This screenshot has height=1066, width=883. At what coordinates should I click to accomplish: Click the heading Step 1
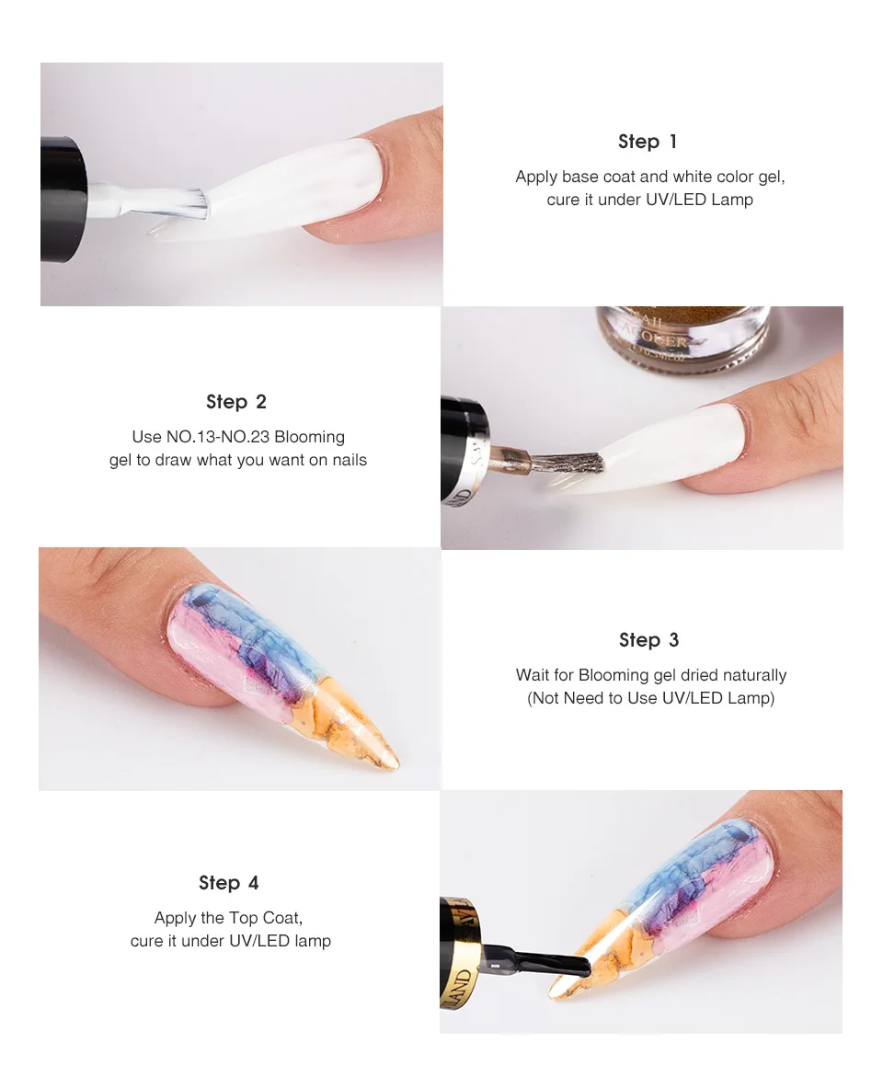point(648,142)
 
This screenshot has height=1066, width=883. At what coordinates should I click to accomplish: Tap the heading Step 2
point(236,402)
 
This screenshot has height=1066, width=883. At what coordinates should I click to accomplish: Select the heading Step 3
point(648,640)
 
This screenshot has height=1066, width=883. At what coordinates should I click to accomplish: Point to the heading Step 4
point(228,882)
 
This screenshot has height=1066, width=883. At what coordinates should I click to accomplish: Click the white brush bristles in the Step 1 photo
point(185,205)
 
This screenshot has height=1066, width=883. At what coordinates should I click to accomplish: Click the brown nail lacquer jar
point(682,337)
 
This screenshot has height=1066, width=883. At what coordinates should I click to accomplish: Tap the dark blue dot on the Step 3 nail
point(201,601)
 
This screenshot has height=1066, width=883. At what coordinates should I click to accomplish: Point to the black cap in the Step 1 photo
point(63,199)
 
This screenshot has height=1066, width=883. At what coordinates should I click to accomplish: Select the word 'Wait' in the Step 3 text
point(532,675)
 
